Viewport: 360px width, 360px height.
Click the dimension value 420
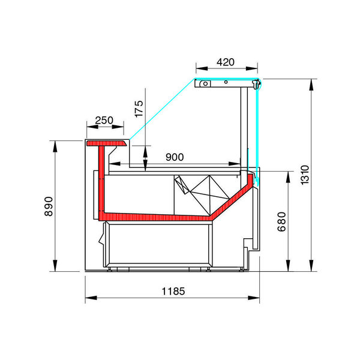(x=226, y=62)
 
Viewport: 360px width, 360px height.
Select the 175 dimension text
(x=139, y=109)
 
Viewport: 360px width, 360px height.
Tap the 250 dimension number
(x=104, y=120)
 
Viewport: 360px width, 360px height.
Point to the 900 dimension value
(x=174, y=157)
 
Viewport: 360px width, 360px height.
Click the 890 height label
(x=50, y=206)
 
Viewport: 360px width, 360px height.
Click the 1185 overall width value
(x=173, y=291)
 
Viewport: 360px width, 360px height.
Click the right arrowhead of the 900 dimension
(x=239, y=164)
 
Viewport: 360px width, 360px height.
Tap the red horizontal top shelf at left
(x=107, y=144)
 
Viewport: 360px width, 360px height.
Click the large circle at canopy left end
(x=205, y=84)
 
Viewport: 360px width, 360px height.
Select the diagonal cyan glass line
(x=162, y=111)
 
